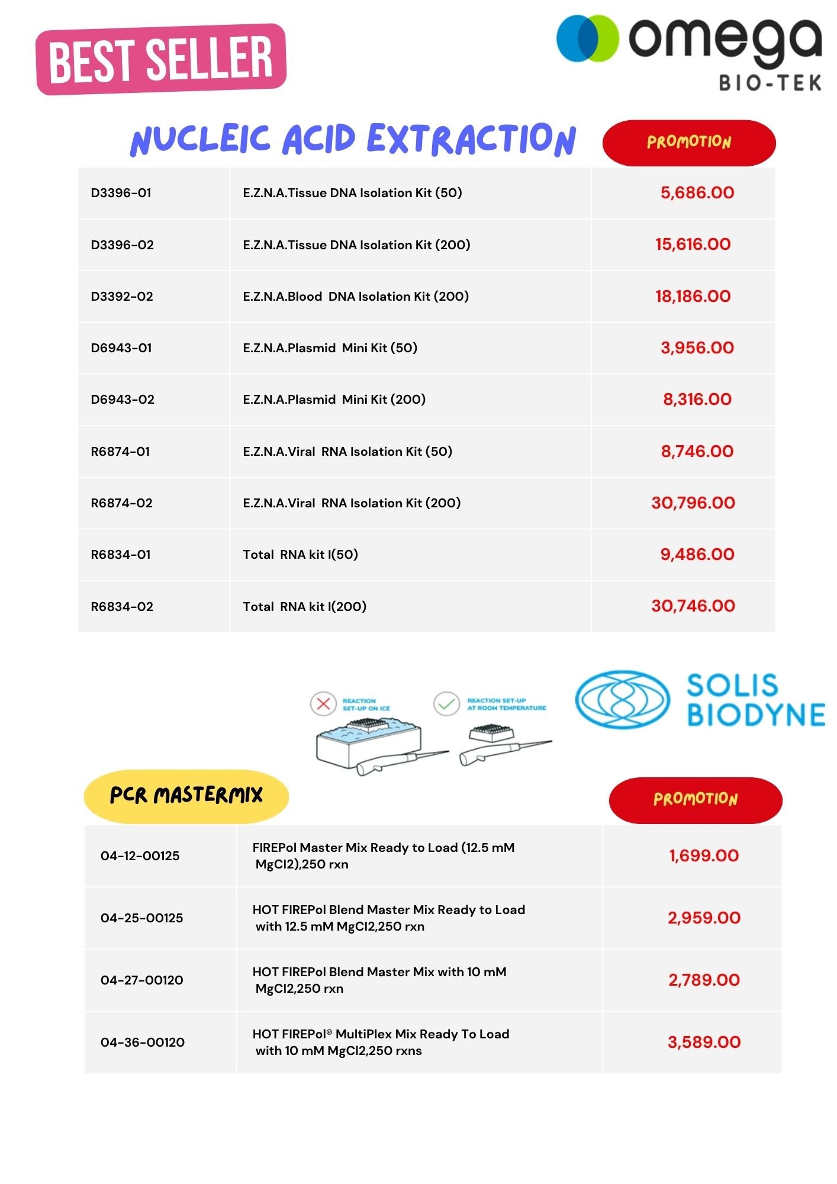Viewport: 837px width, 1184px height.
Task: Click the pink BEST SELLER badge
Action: click(161, 59)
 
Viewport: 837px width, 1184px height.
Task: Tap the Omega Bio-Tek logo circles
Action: click(587, 38)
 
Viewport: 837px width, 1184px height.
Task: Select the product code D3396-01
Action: click(121, 193)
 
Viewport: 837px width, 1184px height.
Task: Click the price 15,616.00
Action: click(693, 244)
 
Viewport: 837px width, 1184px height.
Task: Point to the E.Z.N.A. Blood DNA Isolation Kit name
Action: click(355, 297)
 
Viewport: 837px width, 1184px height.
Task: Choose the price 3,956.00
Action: click(697, 348)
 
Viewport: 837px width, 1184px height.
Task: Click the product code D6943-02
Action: click(123, 400)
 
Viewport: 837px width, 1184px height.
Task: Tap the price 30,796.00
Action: click(693, 503)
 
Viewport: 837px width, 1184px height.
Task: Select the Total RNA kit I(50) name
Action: click(300, 555)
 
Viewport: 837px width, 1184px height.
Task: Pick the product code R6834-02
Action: click(122, 607)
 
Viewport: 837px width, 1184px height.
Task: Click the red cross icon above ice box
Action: click(323, 704)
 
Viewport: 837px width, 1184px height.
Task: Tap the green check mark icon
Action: click(446, 704)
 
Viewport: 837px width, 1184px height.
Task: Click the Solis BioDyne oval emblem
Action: click(623, 699)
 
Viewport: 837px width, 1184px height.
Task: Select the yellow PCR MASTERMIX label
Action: click(186, 796)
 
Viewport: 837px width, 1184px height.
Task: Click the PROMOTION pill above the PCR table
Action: click(695, 799)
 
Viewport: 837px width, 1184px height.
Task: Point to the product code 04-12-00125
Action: click(140, 856)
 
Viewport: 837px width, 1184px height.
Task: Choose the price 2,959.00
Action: click(704, 918)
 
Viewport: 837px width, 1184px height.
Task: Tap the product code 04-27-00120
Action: click(142, 980)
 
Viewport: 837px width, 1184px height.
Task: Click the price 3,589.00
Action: click(704, 1043)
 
